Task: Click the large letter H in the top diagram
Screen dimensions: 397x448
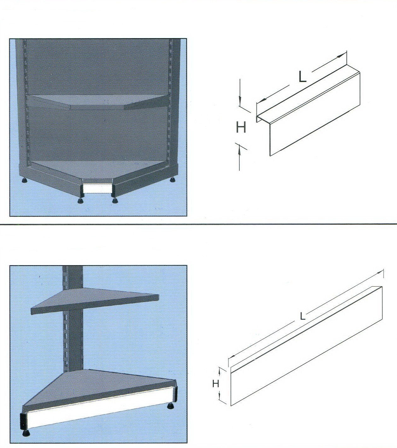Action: point(241,127)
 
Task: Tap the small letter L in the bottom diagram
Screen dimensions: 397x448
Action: point(303,317)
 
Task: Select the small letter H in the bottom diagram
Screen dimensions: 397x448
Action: point(216,384)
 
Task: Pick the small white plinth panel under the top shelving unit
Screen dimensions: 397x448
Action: point(97,189)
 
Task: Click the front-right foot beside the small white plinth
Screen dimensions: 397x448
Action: point(115,201)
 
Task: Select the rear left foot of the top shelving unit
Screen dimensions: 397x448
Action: point(24,181)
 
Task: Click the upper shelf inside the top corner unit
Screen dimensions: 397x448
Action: point(97,102)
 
